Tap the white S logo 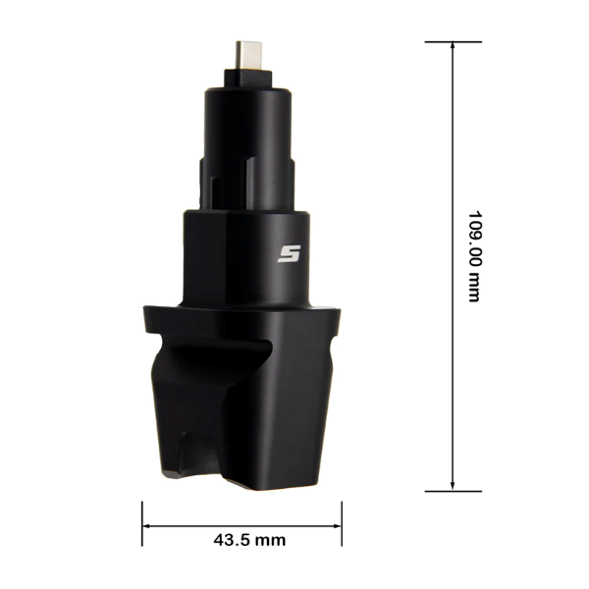(x=288, y=254)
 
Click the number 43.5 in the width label (x=229, y=540)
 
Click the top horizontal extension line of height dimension (x=453, y=42)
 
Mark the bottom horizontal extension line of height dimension (x=453, y=489)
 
